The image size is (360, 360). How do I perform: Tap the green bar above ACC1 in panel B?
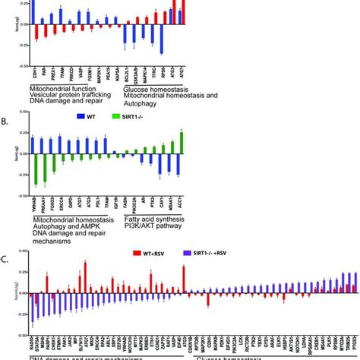[181, 142]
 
